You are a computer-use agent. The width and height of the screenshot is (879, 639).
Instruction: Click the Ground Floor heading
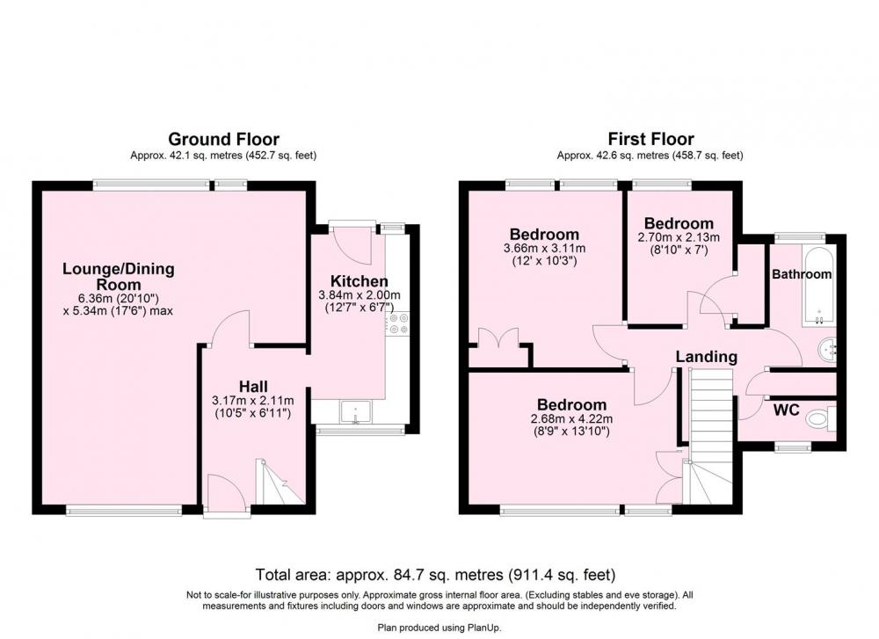tap(223, 139)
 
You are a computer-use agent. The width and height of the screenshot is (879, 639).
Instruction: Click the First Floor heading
tap(650, 139)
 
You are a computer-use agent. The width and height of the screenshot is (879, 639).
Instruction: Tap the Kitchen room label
tap(359, 281)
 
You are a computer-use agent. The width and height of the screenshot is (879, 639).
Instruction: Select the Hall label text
tap(253, 386)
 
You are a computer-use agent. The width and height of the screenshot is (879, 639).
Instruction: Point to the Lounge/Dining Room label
tap(119, 276)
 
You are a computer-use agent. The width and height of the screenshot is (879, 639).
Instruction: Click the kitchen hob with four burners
tap(398, 324)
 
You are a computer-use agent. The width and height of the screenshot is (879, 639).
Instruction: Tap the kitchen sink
tap(355, 411)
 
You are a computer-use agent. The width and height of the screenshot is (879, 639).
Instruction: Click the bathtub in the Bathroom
tap(819, 286)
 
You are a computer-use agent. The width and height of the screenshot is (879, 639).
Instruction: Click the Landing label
tap(707, 357)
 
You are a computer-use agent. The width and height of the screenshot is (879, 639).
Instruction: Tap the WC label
tap(786, 410)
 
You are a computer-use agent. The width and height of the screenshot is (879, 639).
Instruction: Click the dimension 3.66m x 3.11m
tap(544, 249)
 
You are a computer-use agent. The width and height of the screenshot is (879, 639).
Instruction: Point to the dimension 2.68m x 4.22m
tap(571, 418)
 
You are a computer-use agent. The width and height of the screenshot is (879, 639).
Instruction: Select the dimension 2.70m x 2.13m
tap(679, 237)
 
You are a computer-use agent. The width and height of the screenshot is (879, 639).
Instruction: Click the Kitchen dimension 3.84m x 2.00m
tap(360, 295)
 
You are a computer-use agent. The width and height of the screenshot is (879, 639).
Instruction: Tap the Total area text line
tap(436, 575)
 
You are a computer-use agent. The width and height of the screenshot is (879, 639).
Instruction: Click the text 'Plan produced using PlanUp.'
tap(439, 628)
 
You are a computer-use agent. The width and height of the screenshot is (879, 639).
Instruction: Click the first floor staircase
tap(709, 436)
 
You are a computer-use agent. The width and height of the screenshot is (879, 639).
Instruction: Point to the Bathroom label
tap(802, 274)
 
